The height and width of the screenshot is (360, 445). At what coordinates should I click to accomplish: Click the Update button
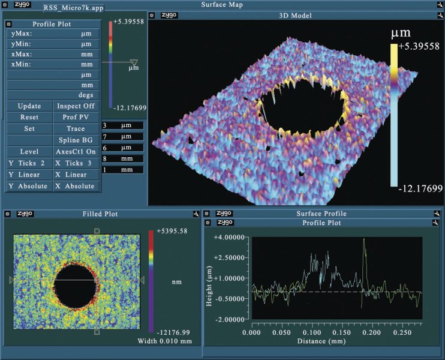(29, 106)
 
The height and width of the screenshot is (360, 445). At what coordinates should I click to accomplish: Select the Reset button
(29, 117)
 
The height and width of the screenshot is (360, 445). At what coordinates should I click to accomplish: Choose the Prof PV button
(76, 117)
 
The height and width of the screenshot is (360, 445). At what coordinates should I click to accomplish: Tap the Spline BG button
(76, 140)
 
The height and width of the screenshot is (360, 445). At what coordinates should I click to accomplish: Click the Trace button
(76, 128)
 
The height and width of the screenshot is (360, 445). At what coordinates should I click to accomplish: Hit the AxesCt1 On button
(76, 152)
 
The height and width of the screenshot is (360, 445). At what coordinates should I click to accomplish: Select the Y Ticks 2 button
(29, 163)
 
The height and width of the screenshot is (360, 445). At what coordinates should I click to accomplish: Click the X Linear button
(76, 175)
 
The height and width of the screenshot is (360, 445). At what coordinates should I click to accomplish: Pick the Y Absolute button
(29, 186)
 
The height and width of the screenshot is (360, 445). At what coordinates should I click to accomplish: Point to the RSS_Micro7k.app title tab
(71, 8)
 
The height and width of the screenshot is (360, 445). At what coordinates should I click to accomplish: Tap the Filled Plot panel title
(100, 214)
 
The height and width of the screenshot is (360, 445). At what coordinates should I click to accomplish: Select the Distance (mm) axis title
(328, 341)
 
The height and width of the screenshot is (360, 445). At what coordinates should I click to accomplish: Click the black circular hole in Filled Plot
(75, 280)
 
